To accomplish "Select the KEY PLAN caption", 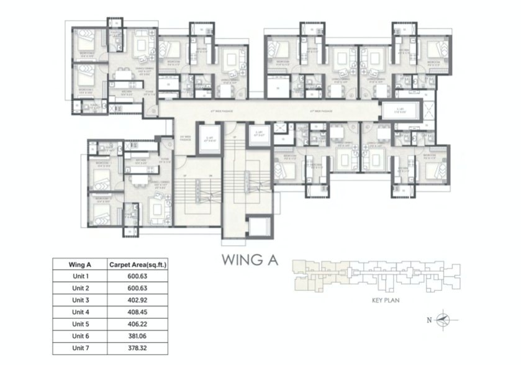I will [379, 300].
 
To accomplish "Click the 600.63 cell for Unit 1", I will [140, 276].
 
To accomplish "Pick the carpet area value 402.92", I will [140, 300].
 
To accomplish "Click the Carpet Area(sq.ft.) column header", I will [140, 264].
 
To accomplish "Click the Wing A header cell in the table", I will [80, 264].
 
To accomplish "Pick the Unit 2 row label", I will [80, 288].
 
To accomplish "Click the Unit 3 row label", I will [80, 300].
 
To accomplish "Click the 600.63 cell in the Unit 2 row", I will [140, 288].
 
